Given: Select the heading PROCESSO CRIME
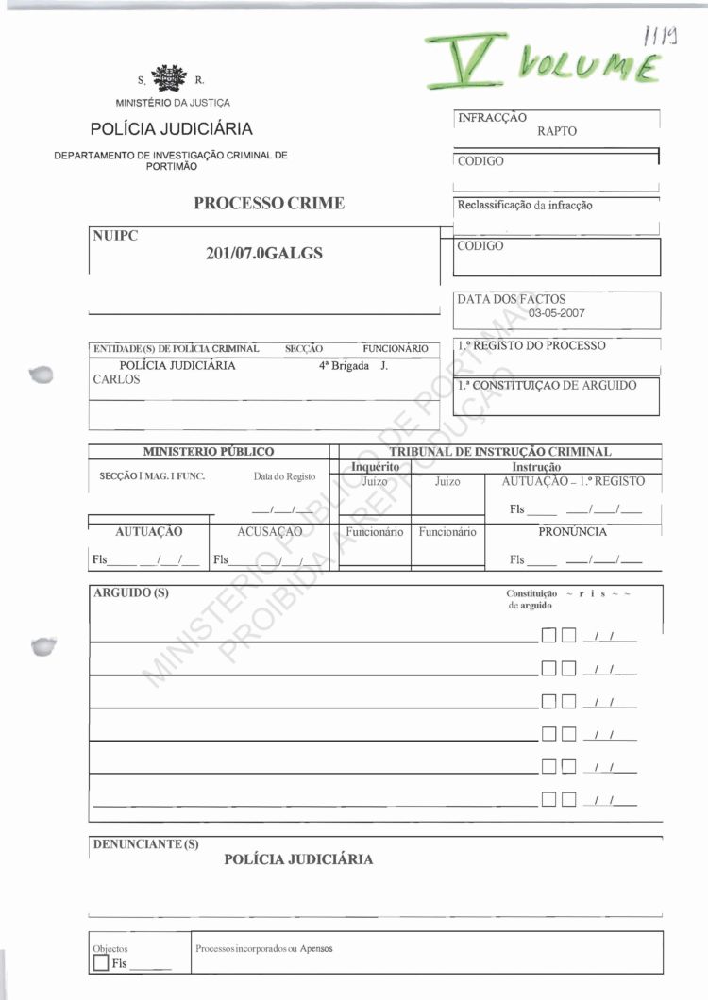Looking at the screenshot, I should [269, 203].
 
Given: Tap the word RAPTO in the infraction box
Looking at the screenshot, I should [556, 131].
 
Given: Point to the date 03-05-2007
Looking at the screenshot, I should [558, 313].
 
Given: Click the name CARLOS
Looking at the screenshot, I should [116, 379].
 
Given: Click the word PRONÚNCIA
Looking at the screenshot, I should [572, 531].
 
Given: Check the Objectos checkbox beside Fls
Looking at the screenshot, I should [101, 963].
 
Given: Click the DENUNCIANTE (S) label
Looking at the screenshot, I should [145, 843].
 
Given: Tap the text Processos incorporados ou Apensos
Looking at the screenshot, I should [264, 948].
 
